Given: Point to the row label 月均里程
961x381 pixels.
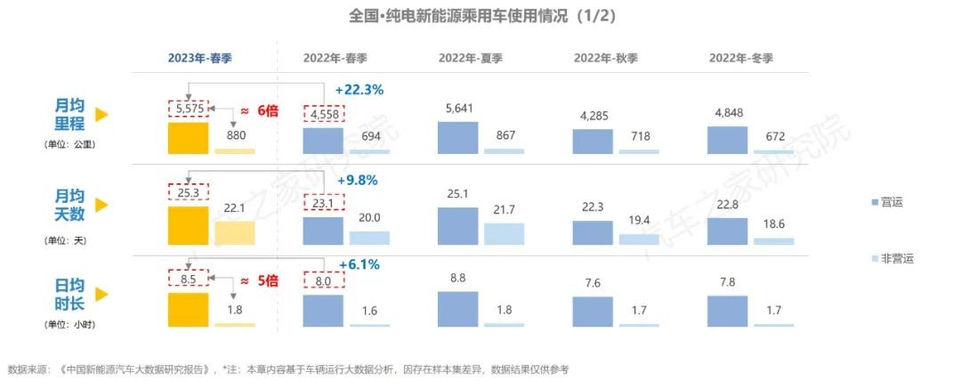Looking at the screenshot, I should tap(69, 115).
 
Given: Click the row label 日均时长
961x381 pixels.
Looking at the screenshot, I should tap(69, 294).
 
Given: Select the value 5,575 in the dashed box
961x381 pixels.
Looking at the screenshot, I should tap(189, 109).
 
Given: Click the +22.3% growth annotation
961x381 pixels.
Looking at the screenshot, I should tap(359, 89).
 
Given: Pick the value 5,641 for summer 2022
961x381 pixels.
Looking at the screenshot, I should tap(458, 110).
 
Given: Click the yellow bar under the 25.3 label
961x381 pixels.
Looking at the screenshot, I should tap(188, 226).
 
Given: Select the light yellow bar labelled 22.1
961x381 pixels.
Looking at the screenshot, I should tap(234, 232).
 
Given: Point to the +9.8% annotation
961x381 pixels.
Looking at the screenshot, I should tap(358, 179).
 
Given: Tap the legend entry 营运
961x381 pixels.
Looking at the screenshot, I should tap(891, 202).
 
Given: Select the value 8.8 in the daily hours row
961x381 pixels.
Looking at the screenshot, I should tap(458, 279).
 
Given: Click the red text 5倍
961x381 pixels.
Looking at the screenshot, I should tap(267, 280).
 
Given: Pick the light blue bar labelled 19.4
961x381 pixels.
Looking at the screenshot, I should tap(639, 239).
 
